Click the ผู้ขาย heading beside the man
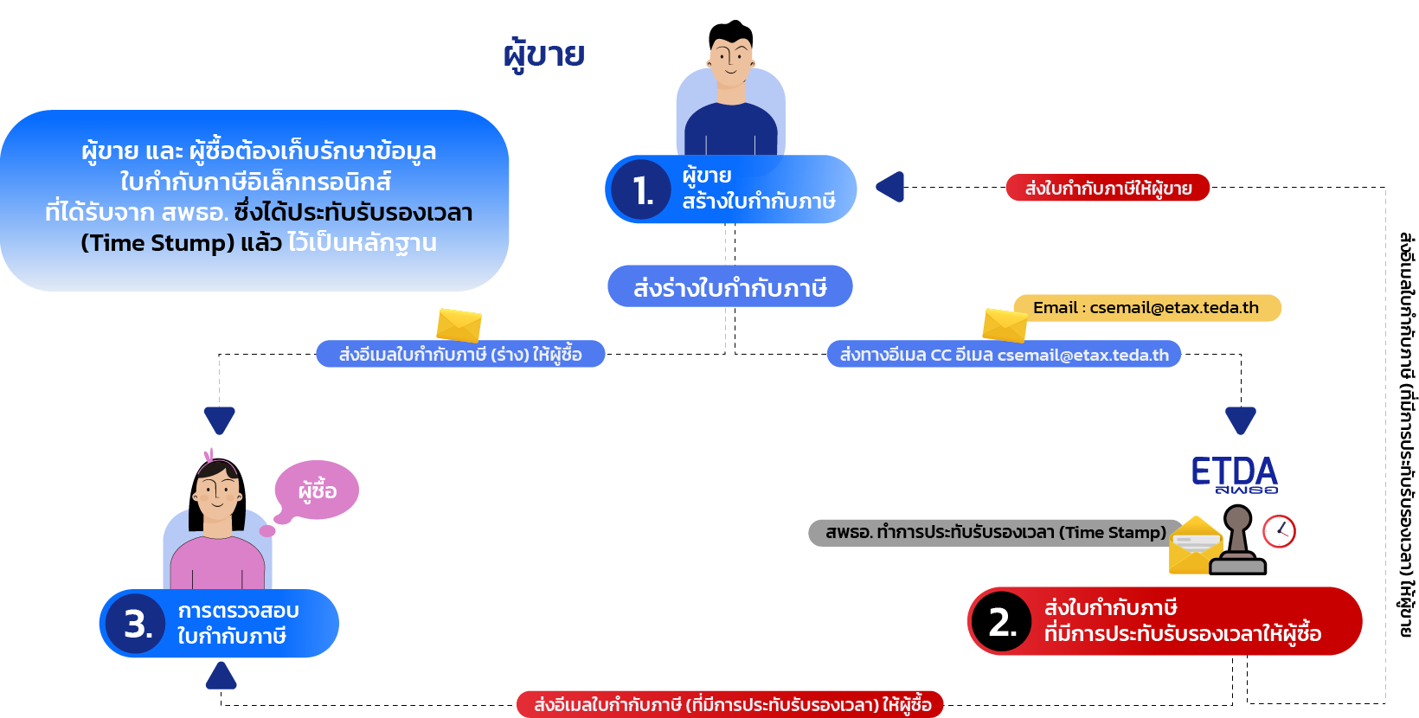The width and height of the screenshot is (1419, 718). pos(543,55)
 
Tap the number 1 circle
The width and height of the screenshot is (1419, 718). pos(641,189)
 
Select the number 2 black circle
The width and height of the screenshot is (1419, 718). pos(1002,621)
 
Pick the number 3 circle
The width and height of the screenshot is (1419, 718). pos(136,624)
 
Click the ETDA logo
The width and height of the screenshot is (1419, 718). pos(1235,476)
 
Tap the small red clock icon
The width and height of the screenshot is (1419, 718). pos(1279,531)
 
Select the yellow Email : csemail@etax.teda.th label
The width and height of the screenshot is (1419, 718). pos(1147,308)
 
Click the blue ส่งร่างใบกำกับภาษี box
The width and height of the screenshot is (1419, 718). pos(729,286)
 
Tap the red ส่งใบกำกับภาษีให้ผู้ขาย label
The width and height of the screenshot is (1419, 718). pos(1108,188)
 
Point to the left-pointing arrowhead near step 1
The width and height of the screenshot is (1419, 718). pos(890,187)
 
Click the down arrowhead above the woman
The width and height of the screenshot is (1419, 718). pos(220,420)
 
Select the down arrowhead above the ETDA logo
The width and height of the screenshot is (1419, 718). pos(1241,420)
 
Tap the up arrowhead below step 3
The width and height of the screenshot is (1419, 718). pos(222,676)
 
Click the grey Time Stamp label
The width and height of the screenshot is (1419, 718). pos(995,533)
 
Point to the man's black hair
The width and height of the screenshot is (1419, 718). pos(732,34)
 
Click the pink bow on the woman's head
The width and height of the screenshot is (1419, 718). pos(209,456)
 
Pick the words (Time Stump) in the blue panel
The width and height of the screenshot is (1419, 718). pos(157,243)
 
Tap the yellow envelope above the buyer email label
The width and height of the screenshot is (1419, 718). pos(459,324)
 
